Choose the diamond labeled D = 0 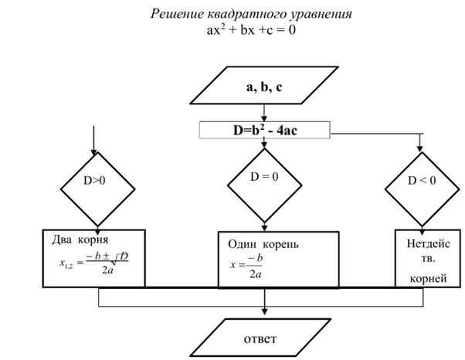(263, 181)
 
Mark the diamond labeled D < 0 (420, 183)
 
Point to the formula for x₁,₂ (93, 265)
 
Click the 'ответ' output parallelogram (263, 338)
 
